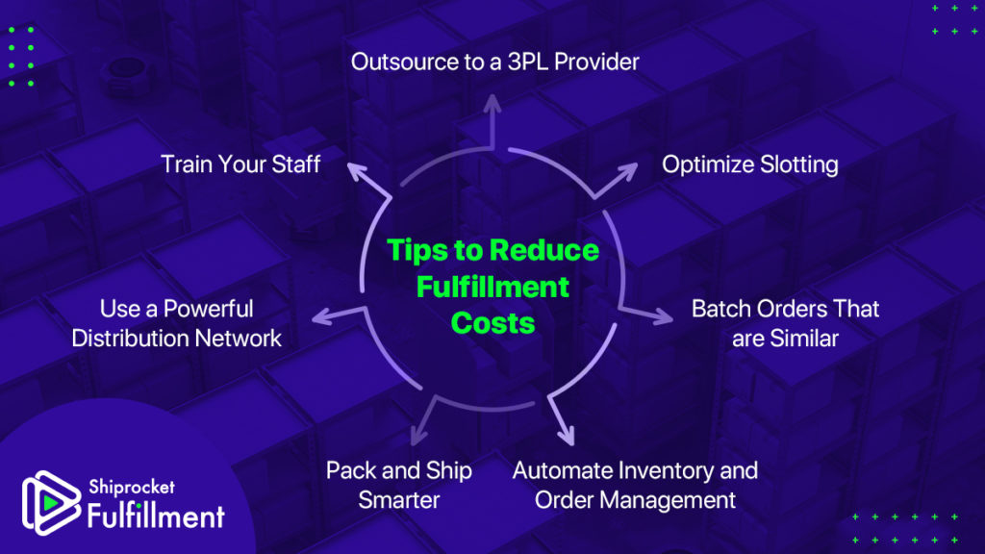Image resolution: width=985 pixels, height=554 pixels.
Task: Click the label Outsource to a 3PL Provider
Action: [x=495, y=62]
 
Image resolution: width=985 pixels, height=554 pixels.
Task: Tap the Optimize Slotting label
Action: [x=750, y=164]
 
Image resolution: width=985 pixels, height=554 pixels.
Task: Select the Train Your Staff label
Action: [x=240, y=164]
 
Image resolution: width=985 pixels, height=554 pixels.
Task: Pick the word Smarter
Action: [x=399, y=500]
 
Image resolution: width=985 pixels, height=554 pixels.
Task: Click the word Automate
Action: [x=563, y=470]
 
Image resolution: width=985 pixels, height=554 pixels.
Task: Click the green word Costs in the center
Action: [x=493, y=323]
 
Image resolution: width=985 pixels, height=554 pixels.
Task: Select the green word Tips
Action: [x=417, y=250]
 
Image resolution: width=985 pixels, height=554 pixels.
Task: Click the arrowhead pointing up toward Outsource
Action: [x=492, y=103]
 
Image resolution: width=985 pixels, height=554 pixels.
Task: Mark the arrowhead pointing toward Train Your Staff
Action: [x=357, y=171]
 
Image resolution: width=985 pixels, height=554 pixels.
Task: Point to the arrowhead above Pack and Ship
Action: [x=418, y=436]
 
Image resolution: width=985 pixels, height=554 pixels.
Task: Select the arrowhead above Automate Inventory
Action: [x=568, y=436]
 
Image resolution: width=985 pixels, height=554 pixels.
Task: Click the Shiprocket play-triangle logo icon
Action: [x=50, y=502]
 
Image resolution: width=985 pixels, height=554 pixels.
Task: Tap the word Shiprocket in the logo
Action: [x=131, y=487]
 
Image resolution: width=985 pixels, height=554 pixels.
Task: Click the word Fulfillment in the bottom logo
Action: [x=156, y=516]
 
